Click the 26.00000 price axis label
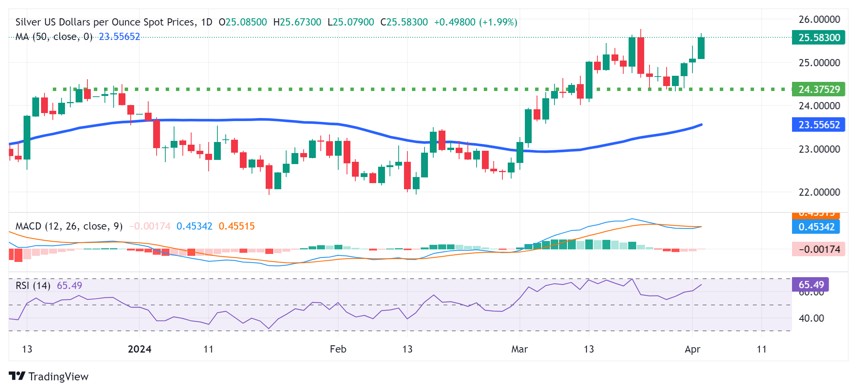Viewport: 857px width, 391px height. (819, 19)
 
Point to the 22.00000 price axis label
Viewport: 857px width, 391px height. (819, 192)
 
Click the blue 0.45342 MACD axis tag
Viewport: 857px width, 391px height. (816, 227)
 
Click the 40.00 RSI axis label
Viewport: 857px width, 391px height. (811, 318)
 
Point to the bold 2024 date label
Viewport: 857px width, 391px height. (139, 349)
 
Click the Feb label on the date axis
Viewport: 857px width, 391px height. (338, 349)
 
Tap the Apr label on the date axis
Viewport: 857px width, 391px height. (692, 349)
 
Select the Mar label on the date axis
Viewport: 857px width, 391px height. (519, 349)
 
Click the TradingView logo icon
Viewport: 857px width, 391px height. (17, 376)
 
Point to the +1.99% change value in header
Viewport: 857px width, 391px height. (498, 22)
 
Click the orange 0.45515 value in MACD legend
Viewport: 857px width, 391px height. (236, 226)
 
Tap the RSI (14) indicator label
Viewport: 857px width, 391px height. (33, 286)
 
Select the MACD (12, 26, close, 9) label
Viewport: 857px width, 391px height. (69, 226)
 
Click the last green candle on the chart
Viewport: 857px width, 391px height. (701, 48)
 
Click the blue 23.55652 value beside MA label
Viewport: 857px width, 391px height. (119, 37)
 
